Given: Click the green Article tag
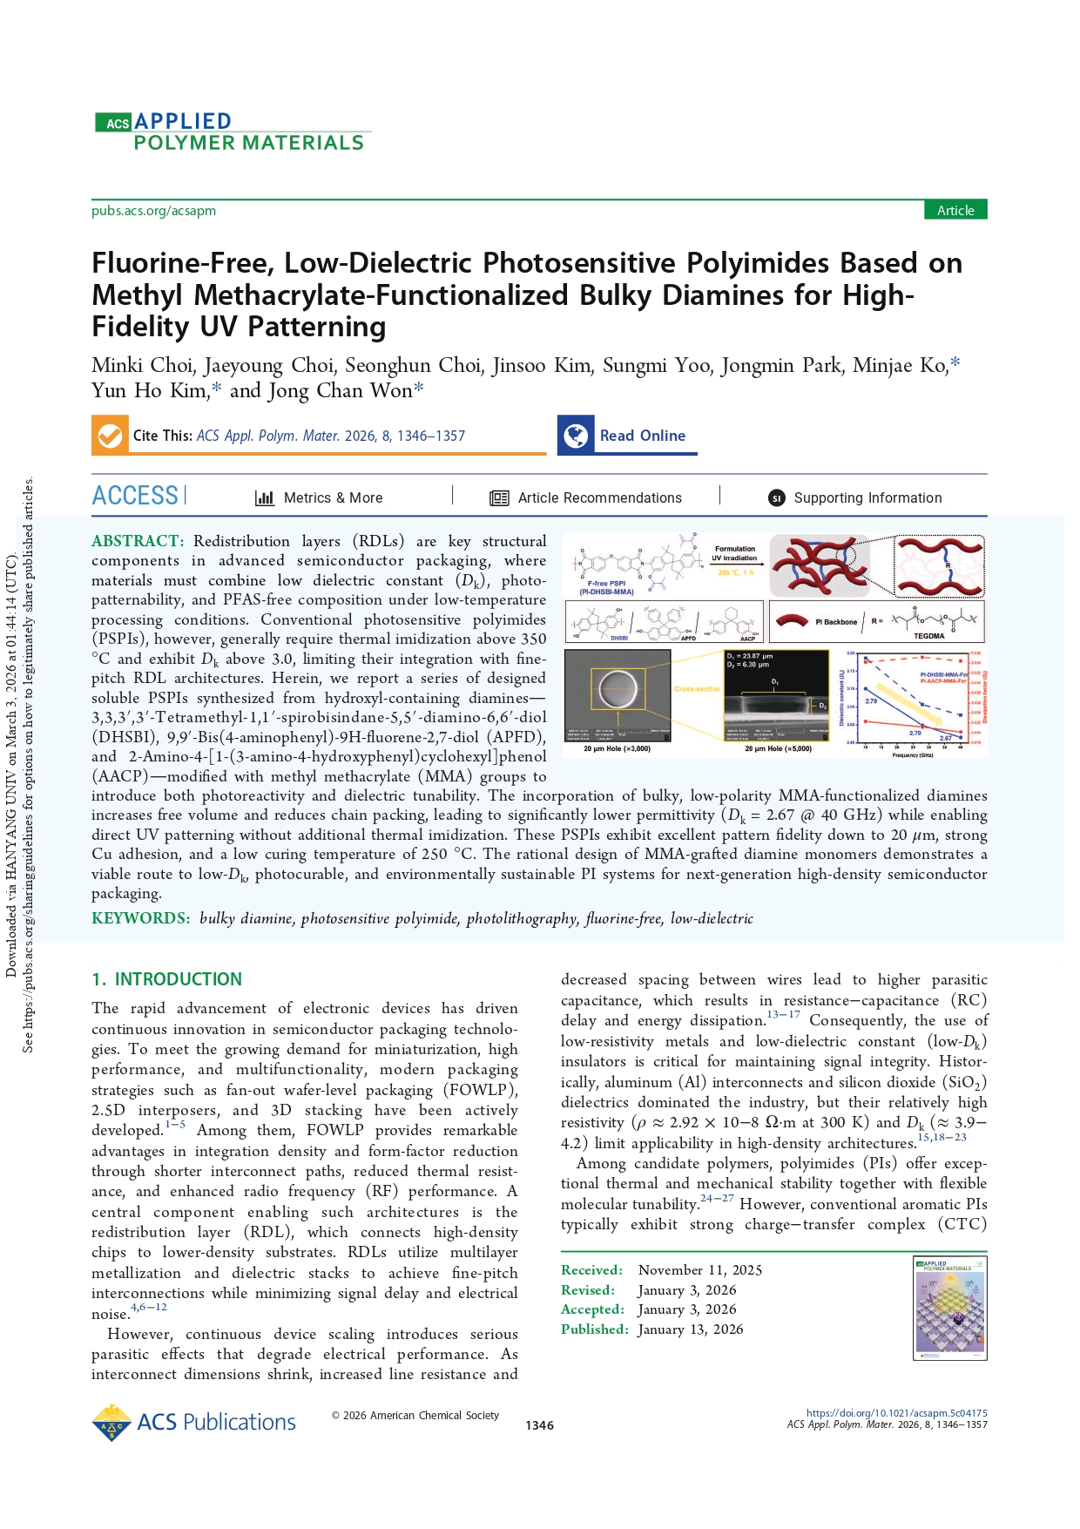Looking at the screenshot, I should click(x=955, y=210).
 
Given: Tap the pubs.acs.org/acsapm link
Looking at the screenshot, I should click(x=153, y=211).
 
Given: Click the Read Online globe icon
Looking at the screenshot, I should click(x=576, y=435).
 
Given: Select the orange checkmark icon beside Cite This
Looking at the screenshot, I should click(x=110, y=435).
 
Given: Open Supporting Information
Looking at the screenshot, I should click(x=867, y=497).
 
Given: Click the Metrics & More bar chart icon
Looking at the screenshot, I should click(x=265, y=497).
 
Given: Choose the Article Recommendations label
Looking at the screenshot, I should click(x=599, y=497).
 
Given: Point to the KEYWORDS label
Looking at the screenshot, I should click(x=140, y=918).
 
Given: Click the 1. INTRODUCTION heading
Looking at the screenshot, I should click(x=167, y=979).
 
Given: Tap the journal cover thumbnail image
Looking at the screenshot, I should click(x=949, y=1308).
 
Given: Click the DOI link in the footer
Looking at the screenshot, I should click(x=896, y=1413).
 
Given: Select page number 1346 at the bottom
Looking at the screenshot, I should click(x=539, y=1425).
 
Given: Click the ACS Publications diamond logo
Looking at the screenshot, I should click(x=111, y=1422).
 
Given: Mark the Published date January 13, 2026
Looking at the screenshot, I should click(x=690, y=1329).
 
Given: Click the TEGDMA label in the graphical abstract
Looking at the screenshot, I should click(x=928, y=636).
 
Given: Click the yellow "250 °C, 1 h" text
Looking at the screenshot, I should click(x=735, y=572).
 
